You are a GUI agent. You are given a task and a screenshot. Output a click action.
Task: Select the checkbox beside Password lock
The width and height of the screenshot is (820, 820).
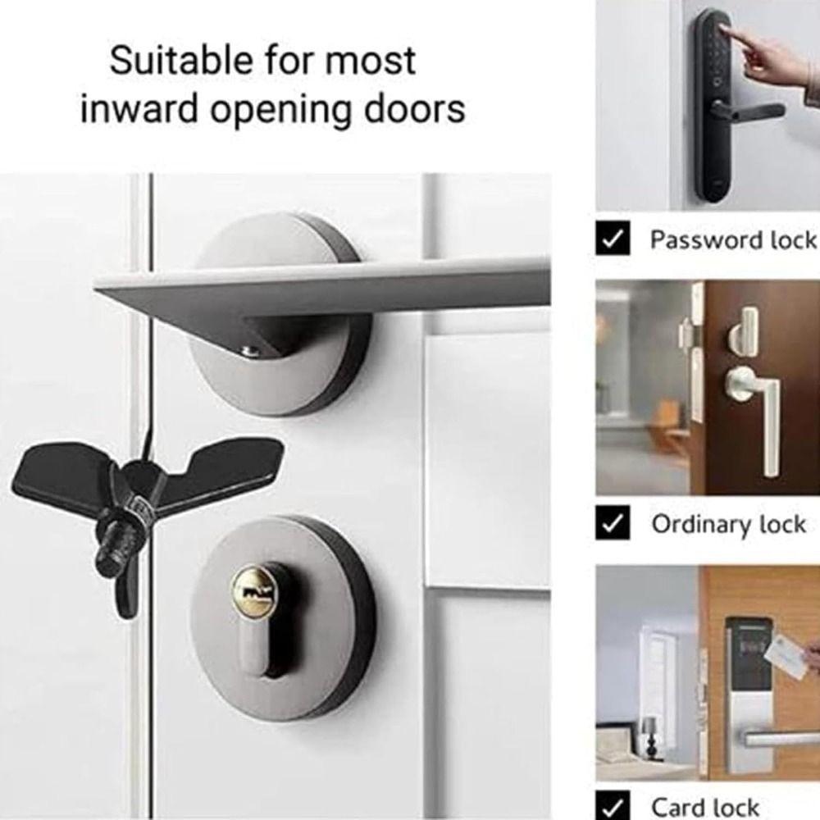[x=612, y=239]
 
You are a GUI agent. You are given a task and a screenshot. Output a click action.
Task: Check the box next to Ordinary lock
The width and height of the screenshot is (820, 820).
[x=612, y=524]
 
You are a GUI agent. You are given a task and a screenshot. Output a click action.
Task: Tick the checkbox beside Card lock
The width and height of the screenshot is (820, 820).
[x=612, y=806]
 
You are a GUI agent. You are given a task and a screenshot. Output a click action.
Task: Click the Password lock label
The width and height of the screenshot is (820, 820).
[x=733, y=239]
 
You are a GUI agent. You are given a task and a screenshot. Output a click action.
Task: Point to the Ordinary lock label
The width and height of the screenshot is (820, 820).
[x=728, y=524]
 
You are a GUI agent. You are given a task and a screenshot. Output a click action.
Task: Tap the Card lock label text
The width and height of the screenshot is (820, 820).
[x=705, y=806]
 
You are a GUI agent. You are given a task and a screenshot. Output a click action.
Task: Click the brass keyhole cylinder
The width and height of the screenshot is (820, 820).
[x=252, y=590]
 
